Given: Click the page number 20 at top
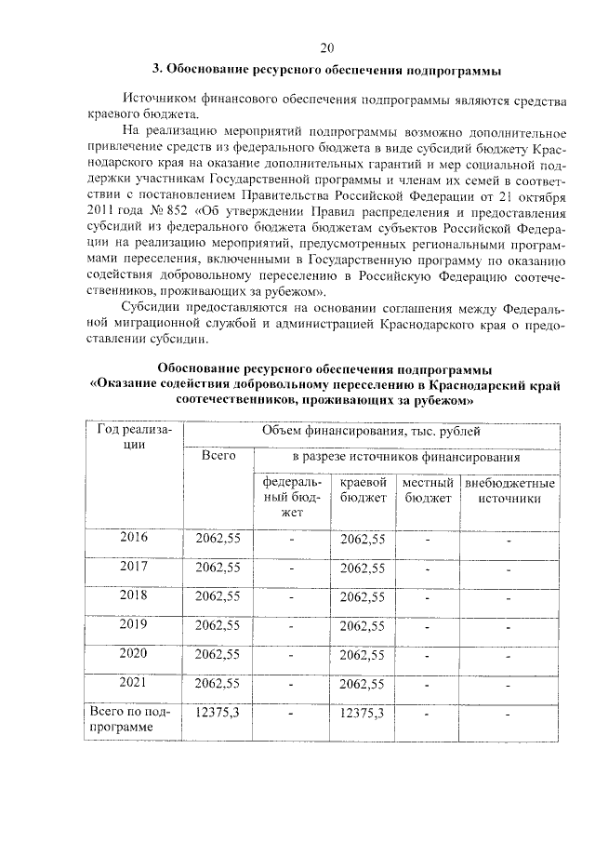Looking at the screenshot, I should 325,48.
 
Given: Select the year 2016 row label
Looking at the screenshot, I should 134,537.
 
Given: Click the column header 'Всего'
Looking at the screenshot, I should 218,456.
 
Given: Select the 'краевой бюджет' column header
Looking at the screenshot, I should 363,491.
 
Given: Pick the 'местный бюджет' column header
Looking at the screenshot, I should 428,491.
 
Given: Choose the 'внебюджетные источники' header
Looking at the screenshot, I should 509,491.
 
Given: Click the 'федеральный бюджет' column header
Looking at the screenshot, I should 292,498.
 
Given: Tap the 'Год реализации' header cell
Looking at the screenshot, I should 134,437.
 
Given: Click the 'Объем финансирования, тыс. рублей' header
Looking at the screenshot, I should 370,431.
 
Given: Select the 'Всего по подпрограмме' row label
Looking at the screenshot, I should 134,719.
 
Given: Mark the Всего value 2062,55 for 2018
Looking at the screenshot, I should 218,595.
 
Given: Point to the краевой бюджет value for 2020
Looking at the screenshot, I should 363,654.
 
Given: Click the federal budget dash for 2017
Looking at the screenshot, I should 292,568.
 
